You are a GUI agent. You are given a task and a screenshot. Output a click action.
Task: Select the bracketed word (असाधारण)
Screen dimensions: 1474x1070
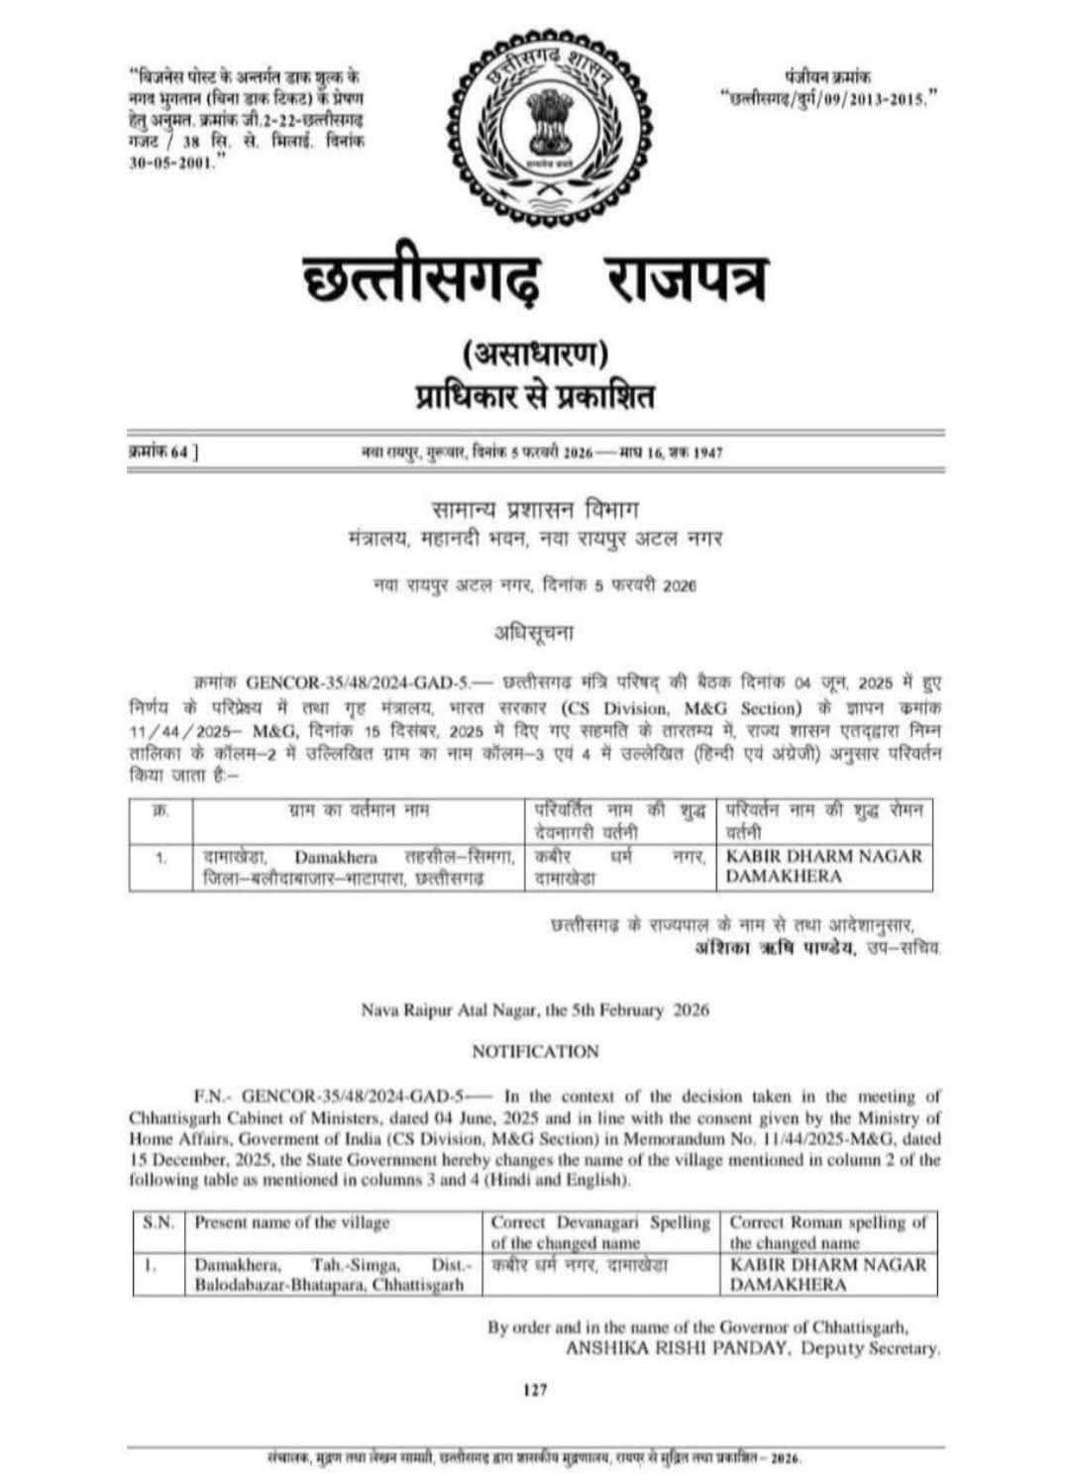tap(535, 353)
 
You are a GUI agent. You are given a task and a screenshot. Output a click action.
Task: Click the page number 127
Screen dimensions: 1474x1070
tap(535, 1390)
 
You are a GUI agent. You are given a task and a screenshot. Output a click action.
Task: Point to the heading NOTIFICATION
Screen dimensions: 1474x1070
tap(535, 1051)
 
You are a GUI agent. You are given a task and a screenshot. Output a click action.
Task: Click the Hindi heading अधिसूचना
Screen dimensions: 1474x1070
tap(534, 631)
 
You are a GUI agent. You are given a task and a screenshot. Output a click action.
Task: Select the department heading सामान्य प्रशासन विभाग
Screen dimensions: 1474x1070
tap(536, 510)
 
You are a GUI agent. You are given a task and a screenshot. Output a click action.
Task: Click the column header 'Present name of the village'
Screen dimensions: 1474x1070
tap(293, 1222)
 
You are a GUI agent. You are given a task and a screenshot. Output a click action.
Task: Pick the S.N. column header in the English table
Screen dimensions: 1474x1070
tap(159, 1222)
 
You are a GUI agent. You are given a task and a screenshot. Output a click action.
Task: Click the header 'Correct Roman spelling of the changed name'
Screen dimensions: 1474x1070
tap(828, 1232)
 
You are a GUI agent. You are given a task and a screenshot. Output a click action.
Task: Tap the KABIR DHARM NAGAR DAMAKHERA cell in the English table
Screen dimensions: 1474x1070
tap(828, 1275)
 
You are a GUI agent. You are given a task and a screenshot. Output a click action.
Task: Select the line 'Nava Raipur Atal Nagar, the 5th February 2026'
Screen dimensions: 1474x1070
tap(535, 1010)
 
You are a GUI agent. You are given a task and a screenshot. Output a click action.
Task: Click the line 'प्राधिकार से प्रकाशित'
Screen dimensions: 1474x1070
tap(535, 397)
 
